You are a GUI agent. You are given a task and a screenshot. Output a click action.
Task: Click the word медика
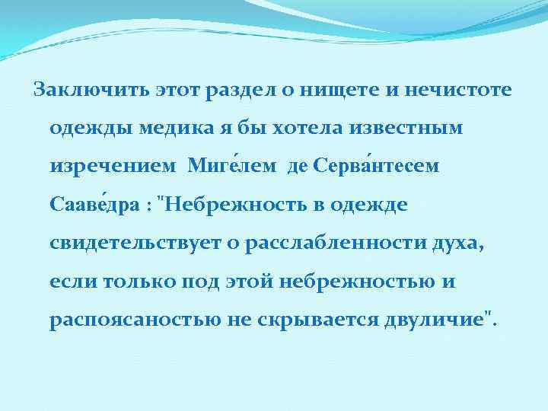pos(177,129)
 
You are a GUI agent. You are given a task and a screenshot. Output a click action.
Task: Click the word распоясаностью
pos(135,320)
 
